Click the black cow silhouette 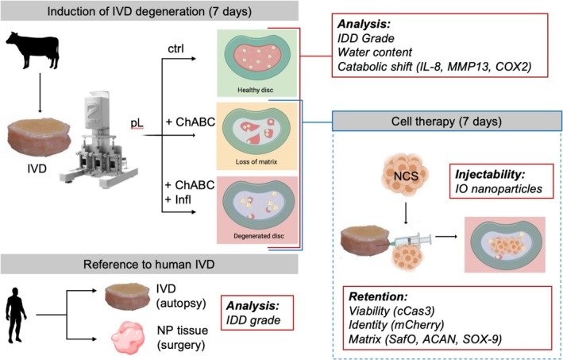pos(32,50)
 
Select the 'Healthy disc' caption pos(255,90)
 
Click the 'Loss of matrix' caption pos(256,161)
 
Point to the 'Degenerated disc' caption pos(259,236)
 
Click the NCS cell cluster pos(406,176)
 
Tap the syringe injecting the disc pos(413,240)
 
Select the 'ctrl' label pos(176,48)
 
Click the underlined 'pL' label pos(137,123)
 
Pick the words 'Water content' pos(375,52)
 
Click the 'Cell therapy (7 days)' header pos(446,121)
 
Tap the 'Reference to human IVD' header pos(149,265)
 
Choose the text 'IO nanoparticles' pos(499,188)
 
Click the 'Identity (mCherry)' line pos(396,324)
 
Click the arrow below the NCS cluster pos(406,213)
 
